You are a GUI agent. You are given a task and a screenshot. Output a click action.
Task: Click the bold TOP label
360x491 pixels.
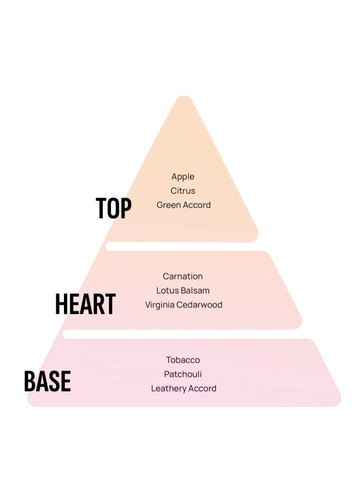(113, 208)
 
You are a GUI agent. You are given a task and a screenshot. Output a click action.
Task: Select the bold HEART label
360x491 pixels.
(85, 304)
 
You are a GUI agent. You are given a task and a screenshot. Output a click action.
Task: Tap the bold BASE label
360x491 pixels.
(47, 381)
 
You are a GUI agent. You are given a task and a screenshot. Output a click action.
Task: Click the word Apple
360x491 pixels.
(183, 177)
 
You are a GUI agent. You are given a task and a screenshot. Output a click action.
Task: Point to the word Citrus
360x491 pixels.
(183, 191)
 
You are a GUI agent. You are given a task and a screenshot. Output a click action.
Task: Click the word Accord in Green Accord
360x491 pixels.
(197, 205)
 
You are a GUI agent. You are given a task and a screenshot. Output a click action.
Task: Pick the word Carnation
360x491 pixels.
(183, 276)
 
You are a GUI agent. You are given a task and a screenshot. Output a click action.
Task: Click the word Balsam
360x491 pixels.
(195, 291)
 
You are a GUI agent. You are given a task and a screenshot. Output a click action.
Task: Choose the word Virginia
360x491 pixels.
(160, 305)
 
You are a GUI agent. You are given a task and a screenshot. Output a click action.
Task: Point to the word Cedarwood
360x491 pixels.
(199, 305)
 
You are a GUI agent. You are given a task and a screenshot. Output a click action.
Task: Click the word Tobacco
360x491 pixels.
(183, 360)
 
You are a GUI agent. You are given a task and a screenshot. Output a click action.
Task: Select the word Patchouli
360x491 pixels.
(183, 374)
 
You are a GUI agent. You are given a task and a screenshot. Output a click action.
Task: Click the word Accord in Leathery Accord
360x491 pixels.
(203, 388)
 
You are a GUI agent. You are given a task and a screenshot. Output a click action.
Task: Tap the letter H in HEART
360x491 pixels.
(61, 304)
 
